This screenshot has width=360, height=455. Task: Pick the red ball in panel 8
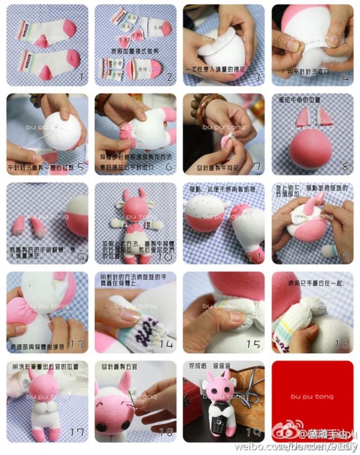point(312,147)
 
